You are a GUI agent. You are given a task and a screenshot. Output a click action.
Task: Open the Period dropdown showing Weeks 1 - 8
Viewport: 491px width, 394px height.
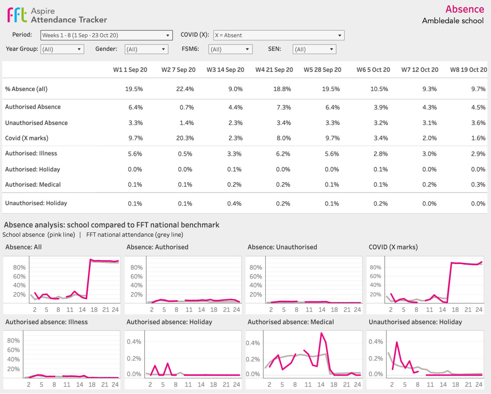click(x=106, y=35)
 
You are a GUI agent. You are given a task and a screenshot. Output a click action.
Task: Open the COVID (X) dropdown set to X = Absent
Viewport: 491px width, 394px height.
click(x=278, y=35)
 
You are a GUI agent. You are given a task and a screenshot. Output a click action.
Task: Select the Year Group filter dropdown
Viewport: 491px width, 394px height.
click(x=62, y=49)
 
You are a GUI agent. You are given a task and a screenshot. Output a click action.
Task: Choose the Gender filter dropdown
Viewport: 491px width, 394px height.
click(x=146, y=49)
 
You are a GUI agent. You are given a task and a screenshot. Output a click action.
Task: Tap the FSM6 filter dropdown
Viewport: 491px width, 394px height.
click(x=230, y=49)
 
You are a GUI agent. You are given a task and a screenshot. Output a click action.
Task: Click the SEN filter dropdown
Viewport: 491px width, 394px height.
click(x=314, y=49)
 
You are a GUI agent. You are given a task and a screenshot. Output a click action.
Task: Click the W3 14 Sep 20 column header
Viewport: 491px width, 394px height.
click(x=225, y=70)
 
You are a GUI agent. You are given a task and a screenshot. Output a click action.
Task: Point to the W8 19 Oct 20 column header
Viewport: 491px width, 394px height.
click(x=468, y=70)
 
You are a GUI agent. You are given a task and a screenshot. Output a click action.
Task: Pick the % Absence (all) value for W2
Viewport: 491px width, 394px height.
click(x=185, y=89)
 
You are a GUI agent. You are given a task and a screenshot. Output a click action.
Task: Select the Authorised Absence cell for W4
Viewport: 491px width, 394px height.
click(x=284, y=107)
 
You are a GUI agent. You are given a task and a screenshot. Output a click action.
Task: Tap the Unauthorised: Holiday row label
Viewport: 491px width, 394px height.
click(x=36, y=203)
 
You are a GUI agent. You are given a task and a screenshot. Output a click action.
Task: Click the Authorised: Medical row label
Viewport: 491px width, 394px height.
click(x=33, y=185)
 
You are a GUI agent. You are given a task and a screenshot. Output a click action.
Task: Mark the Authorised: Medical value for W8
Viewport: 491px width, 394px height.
click(x=478, y=185)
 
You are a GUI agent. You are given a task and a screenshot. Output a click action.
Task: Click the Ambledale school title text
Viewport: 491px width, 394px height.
click(x=452, y=21)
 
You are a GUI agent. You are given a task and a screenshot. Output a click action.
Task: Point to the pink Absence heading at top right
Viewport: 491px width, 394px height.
click(x=464, y=9)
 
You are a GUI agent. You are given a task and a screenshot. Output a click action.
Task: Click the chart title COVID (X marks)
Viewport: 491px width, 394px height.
click(x=393, y=247)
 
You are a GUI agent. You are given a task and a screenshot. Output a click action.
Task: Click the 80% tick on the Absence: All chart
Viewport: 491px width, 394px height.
click(x=19, y=267)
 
